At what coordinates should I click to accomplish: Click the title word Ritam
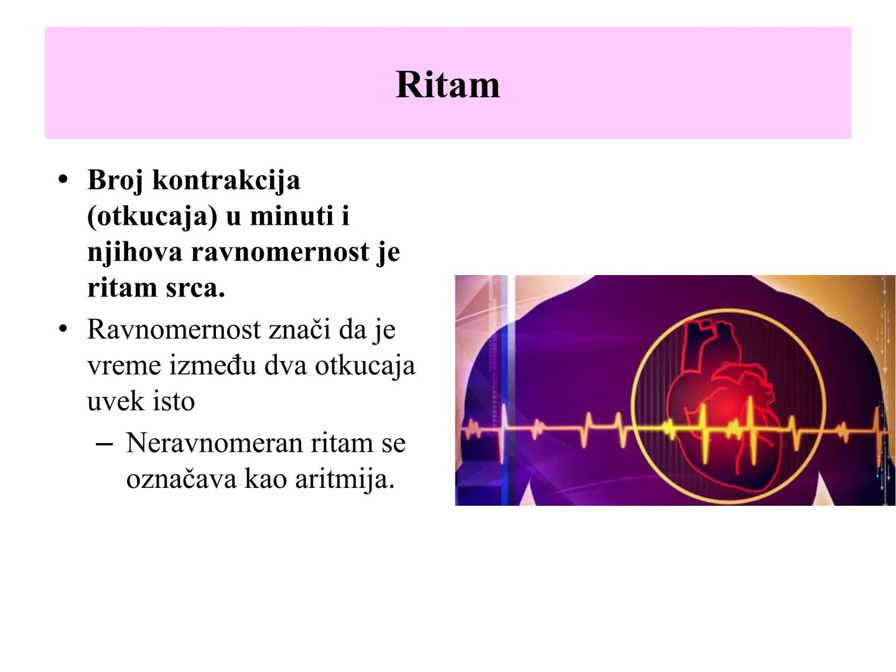[447, 85]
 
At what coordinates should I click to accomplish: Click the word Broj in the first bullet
[115, 181]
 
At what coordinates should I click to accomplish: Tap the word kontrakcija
[226, 181]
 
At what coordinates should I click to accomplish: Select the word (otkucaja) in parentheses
[152, 217]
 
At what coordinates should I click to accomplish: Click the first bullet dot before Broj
[62, 180]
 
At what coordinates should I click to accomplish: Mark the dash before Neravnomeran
[105, 444]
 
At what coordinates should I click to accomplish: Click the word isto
[173, 401]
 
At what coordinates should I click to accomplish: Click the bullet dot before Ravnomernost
[62, 329]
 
